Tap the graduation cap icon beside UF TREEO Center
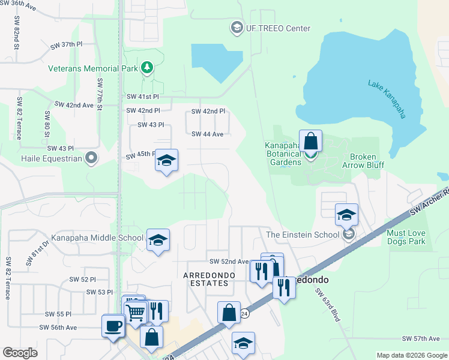[x=237, y=28]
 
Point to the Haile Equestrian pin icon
[x=91, y=158]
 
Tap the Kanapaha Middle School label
[x=97, y=238]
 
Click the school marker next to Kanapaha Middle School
[x=158, y=240]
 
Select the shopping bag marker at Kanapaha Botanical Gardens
[x=310, y=142]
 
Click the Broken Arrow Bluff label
[x=363, y=161]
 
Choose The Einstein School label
[x=302, y=235]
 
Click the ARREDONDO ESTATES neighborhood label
[x=206, y=279]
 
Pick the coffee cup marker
[x=113, y=326]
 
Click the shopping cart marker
[x=135, y=311]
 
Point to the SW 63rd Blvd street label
[x=328, y=304]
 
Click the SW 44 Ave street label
[x=207, y=134]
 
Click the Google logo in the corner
[x=20, y=353]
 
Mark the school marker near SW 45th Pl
[x=166, y=160]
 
